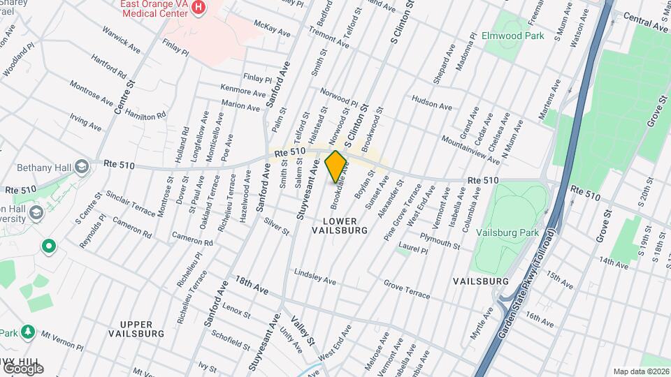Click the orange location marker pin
[x=336, y=166]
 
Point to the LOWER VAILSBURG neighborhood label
[x=339, y=225]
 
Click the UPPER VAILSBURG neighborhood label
[x=136, y=329]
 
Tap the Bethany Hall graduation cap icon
[x=82, y=167]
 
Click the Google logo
[x=22, y=368]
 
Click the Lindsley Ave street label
[x=315, y=276]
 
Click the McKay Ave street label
[x=272, y=31]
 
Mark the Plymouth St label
[x=440, y=242]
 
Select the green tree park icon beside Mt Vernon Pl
[x=28, y=331]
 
